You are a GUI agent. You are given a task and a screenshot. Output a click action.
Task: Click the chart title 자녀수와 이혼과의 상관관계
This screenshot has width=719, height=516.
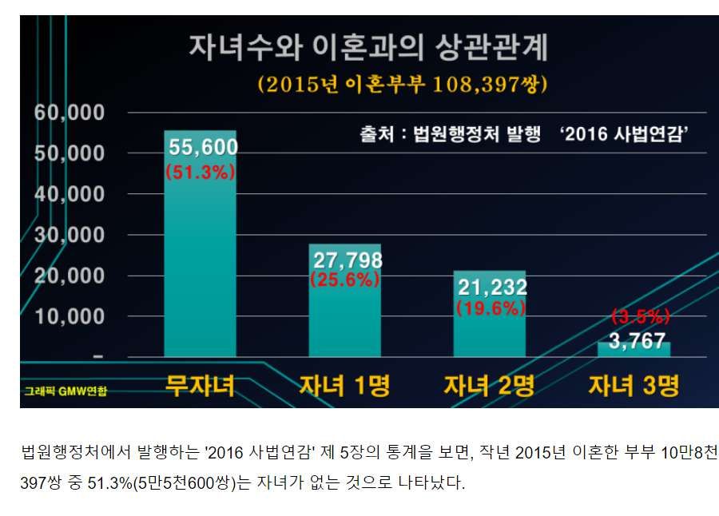click(x=368, y=48)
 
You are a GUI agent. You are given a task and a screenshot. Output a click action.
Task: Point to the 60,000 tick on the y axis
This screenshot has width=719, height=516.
click(x=70, y=113)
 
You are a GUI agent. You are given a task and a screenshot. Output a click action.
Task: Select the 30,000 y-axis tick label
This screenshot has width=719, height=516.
click(x=70, y=235)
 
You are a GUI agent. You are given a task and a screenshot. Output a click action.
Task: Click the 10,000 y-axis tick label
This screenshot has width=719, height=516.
click(x=70, y=316)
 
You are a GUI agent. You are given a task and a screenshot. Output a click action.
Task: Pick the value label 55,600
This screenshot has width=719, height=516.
click(x=201, y=146)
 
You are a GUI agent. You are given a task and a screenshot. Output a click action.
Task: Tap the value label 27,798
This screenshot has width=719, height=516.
click(x=347, y=260)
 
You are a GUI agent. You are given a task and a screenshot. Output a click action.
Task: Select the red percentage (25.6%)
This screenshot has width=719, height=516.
click(x=345, y=280)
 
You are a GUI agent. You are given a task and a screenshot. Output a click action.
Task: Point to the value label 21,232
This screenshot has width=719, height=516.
click(x=491, y=288)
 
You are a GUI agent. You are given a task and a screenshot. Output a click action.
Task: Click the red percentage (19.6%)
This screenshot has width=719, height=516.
click(x=491, y=308)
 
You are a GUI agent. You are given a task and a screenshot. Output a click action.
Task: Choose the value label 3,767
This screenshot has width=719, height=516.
click(x=637, y=341)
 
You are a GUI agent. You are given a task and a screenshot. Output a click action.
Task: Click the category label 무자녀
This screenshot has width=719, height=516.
click(x=200, y=386)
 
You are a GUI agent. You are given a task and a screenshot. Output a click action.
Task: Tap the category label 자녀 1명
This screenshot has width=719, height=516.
click(x=344, y=386)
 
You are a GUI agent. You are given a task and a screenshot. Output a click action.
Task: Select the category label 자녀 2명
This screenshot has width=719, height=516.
click(x=489, y=386)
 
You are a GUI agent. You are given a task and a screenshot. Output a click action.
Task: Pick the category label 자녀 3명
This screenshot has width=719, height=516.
click(x=634, y=386)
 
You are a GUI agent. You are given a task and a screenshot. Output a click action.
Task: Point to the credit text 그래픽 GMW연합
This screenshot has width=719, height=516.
click(x=66, y=391)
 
